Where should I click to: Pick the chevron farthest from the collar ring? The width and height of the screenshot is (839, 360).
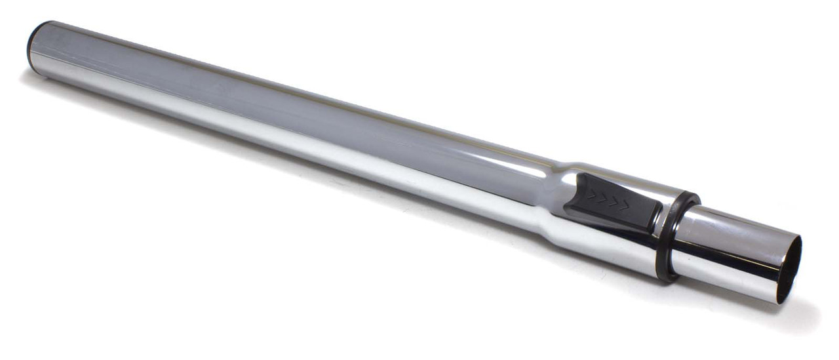tap(591, 195)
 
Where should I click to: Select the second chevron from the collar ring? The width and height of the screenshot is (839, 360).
tap(615, 201)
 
